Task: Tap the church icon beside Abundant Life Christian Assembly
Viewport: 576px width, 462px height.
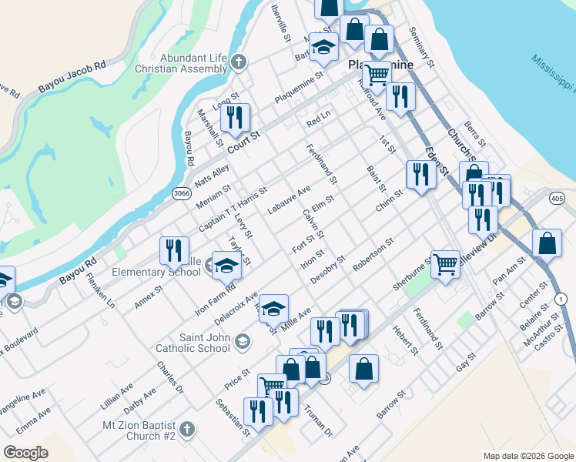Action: click(x=239, y=61)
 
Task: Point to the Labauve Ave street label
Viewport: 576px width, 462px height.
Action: click(x=288, y=199)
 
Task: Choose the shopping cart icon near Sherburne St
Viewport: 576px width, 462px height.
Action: click(x=445, y=264)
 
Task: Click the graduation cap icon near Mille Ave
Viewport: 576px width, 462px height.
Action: click(x=273, y=309)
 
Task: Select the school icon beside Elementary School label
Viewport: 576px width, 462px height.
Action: click(x=226, y=266)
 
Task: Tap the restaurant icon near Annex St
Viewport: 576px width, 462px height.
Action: click(x=174, y=250)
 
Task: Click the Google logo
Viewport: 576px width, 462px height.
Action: click(x=25, y=453)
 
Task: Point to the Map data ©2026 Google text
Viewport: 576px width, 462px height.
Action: click(x=527, y=456)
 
